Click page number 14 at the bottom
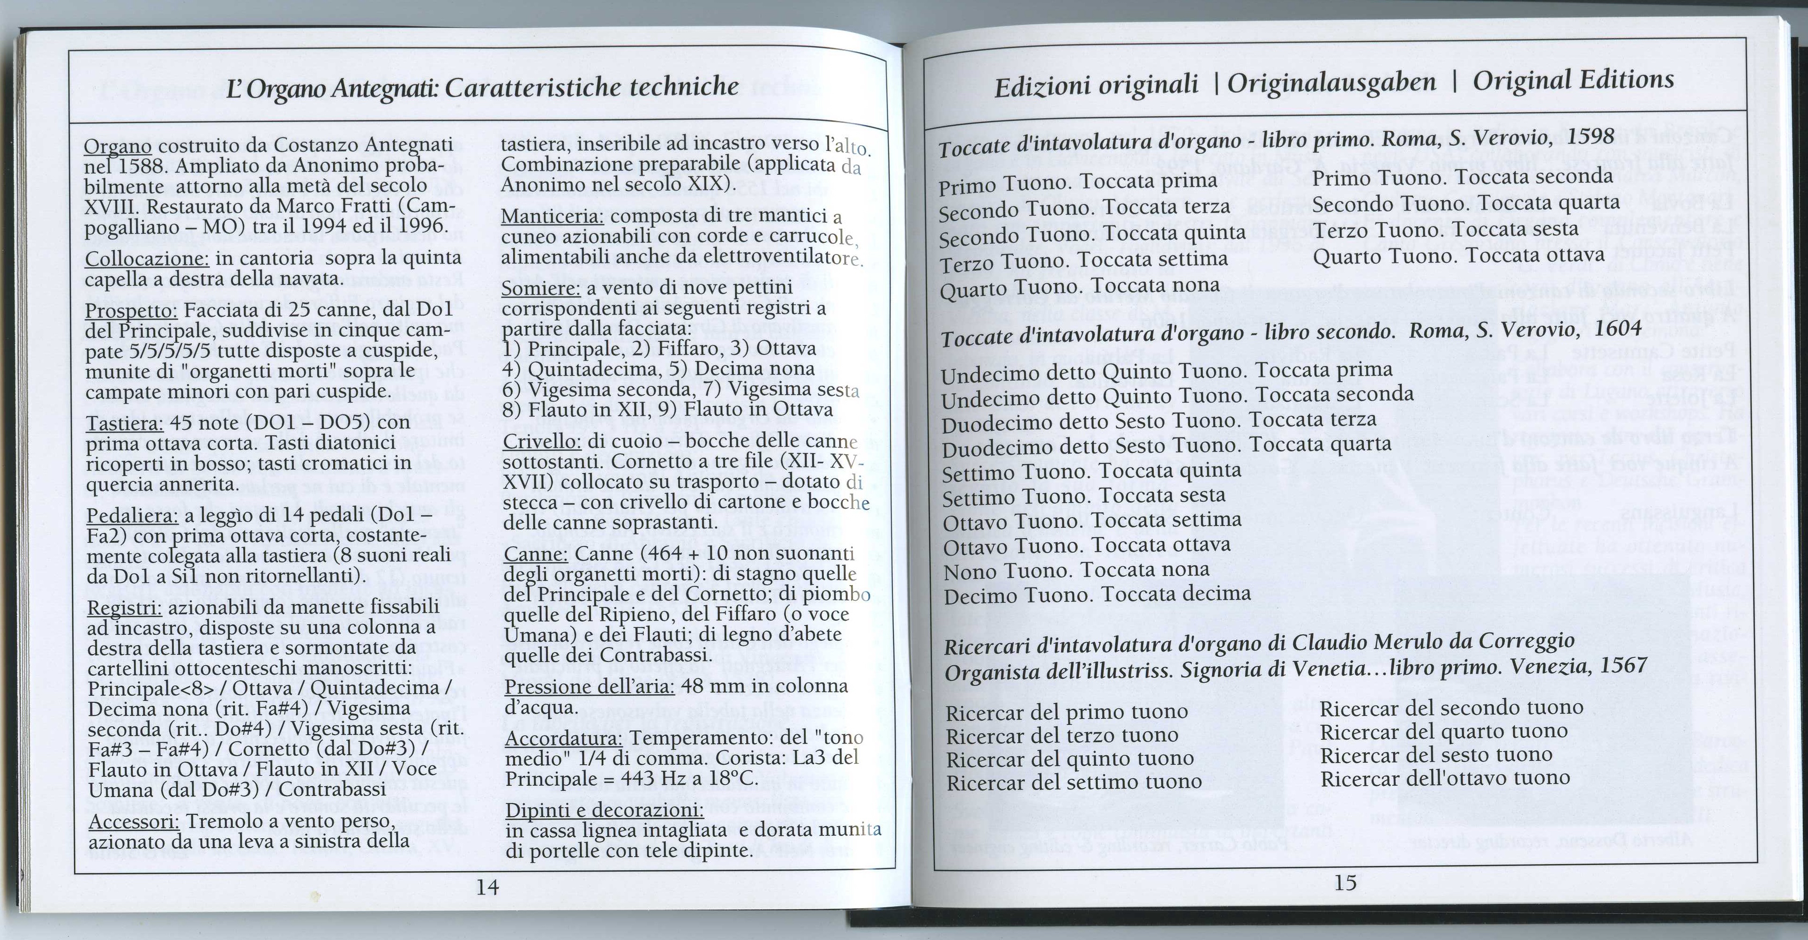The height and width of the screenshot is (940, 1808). [487, 887]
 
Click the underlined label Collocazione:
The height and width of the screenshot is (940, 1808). [147, 259]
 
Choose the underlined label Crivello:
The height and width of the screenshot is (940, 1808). [543, 442]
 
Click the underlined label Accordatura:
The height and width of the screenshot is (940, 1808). [564, 738]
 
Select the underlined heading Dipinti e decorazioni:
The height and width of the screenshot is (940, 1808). [604, 810]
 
